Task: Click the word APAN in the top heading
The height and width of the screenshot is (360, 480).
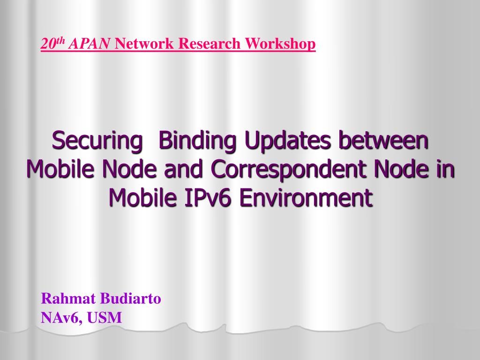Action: pos(89,44)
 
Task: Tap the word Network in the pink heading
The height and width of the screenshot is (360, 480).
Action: pos(144,44)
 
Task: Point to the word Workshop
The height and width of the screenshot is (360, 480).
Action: pos(280,44)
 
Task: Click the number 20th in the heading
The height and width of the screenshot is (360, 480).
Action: pos(53,43)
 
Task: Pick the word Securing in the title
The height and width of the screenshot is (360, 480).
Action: pos(97,141)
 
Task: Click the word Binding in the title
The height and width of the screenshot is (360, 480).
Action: pos(198,141)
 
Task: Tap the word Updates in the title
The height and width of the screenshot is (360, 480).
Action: pos(287,141)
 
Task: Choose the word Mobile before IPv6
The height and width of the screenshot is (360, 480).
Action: pos(143,197)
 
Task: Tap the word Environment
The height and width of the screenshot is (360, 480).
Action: pos(306,197)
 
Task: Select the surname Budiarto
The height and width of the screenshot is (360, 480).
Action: pos(131,299)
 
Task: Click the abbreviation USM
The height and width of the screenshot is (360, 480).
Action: pos(105,317)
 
